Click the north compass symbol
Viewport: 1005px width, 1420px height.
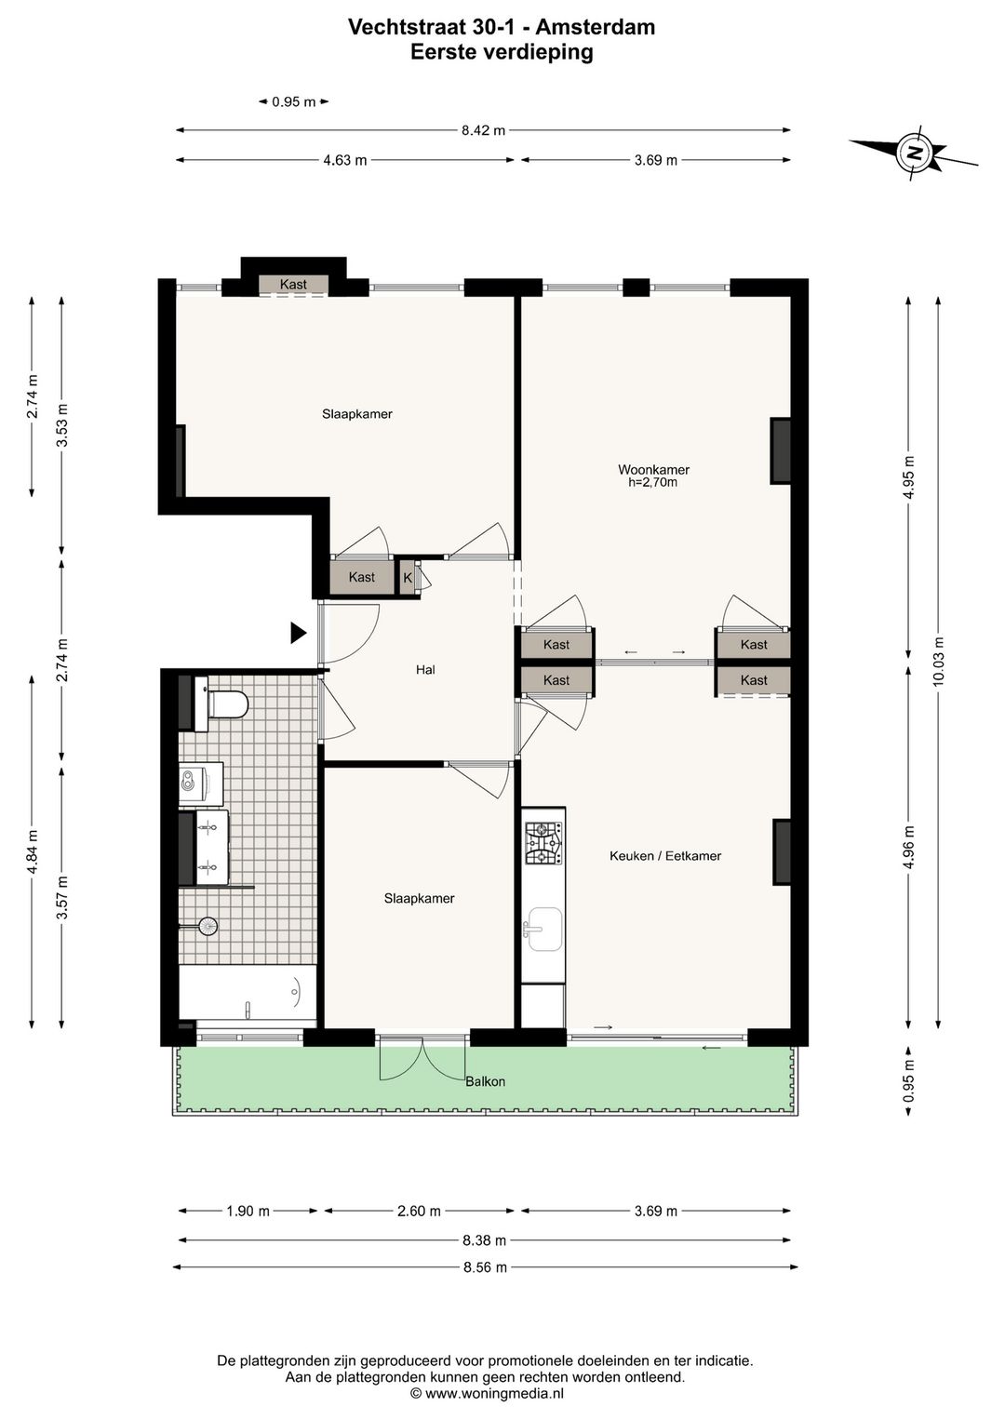click(914, 153)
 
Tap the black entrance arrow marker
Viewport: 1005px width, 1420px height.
click(299, 633)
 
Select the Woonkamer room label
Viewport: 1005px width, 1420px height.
click(654, 470)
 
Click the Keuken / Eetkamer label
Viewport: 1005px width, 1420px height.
click(665, 856)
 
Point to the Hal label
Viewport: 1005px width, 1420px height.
click(425, 669)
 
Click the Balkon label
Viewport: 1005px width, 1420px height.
click(485, 1081)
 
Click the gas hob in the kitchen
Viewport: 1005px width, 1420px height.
click(543, 843)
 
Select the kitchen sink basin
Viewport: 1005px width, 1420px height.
click(543, 929)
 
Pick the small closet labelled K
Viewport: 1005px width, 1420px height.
click(408, 578)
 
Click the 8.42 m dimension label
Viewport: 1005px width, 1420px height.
click(483, 130)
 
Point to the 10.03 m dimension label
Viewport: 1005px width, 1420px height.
click(939, 661)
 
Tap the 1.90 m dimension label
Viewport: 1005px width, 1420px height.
click(248, 1211)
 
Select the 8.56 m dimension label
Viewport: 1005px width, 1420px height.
click(485, 1267)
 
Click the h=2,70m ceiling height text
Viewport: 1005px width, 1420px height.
click(652, 482)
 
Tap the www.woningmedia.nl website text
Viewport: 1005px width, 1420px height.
click(494, 1394)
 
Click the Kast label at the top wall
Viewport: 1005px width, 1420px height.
click(293, 285)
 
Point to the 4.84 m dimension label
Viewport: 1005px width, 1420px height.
click(31, 851)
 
